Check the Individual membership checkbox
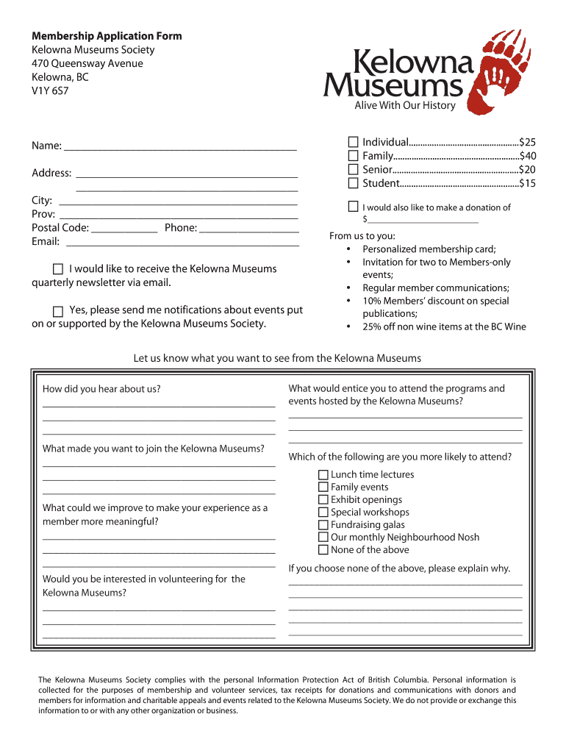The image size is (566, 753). tap(354, 142)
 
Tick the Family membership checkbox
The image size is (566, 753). tap(354, 156)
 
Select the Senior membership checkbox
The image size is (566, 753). tap(354, 169)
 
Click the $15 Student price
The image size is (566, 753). tap(527, 183)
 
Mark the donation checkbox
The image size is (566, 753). tap(354, 207)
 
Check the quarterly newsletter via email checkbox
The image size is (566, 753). tap(58, 269)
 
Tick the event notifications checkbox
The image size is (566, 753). tap(58, 310)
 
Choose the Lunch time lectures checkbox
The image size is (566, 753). tap(323, 475)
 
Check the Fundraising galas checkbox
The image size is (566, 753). tap(323, 525)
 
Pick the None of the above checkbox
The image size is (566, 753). tap(323, 550)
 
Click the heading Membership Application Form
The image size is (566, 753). tap(107, 36)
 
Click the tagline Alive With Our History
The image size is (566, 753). tap(405, 105)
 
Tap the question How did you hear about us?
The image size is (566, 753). tap(101, 389)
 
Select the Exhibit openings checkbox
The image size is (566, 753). tap(323, 500)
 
